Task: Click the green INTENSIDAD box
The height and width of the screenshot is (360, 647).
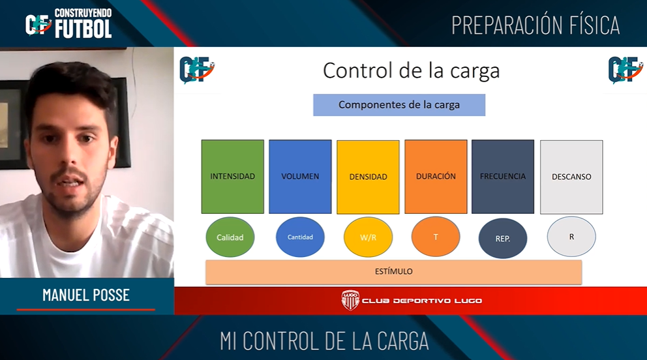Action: [x=232, y=177]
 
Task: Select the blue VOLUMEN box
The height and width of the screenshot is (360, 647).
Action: [x=300, y=177]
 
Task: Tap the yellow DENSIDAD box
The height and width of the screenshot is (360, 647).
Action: [x=368, y=177]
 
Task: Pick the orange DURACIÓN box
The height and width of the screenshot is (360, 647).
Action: [x=436, y=177]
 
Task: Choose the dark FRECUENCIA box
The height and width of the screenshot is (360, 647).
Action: [x=503, y=177]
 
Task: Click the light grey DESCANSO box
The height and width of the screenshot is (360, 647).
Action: [x=571, y=177]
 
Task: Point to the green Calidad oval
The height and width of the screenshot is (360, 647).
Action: [x=230, y=237]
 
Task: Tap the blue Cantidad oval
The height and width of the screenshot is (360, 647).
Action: [x=300, y=237]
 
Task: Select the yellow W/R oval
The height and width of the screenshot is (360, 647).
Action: [x=368, y=237]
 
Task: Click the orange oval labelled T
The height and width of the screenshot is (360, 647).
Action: [x=435, y=237]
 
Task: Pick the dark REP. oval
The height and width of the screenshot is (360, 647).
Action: [x=503, y=238]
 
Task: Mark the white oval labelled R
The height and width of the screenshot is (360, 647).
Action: [x=571, y=237]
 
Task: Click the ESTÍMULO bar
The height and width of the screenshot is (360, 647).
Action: [x=394, y=272]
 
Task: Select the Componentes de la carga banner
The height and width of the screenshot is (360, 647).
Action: [x=399, y=105]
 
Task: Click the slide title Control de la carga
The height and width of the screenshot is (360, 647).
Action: [x=411, y=70]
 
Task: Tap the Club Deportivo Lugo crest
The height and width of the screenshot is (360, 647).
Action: [x=350, y=300]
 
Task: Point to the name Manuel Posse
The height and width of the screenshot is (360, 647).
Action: [x=86, y=295]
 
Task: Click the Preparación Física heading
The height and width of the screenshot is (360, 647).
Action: [x=535, y=25]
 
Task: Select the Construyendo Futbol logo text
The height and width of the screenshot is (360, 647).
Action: [x=83, y=23]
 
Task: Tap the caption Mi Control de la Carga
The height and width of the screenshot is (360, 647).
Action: [x=324, y=341]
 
